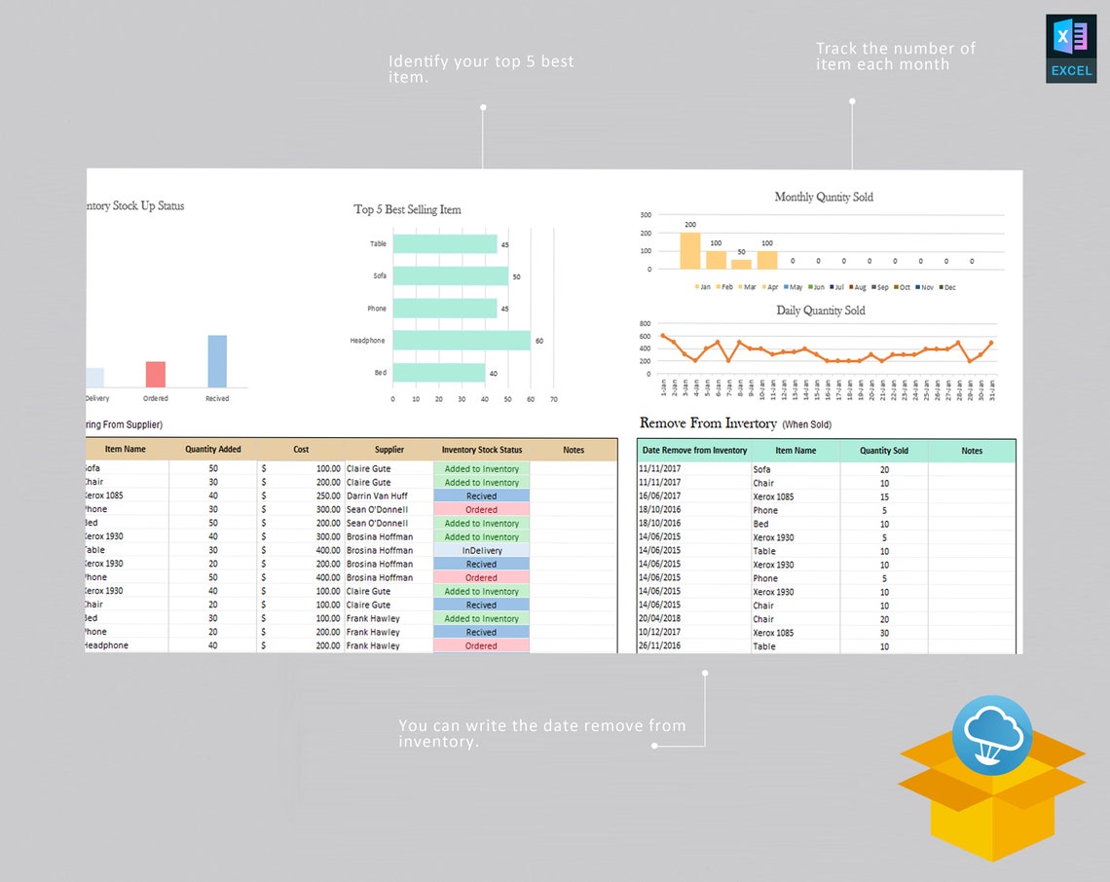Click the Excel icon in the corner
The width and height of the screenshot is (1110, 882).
click(x=1070, y=49)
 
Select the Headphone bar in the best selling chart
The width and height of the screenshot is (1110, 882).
click(x=462, y=340)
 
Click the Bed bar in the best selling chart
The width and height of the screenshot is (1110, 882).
click(x=439, y=373)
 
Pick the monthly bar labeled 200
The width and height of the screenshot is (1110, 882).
click(x=689, y=250)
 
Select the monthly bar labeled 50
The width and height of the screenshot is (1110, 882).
click(x=741, y=264)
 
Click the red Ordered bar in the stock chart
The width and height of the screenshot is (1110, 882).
click(x=156, y=374)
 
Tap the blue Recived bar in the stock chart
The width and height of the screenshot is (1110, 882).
click(x=217, y=361)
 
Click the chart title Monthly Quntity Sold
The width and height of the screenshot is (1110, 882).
click(x=824, y=197)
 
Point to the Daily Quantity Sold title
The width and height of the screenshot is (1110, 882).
click(x=820, y=311)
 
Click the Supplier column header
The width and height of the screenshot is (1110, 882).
click(x=388, y=450)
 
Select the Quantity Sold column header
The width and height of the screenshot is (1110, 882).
click(x=883, y=451)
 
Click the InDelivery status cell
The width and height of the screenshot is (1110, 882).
click(x=481, y=550)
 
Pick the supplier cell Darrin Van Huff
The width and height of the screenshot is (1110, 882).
click(x=377, y=496)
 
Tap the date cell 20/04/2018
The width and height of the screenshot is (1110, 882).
click(x=659, y=619)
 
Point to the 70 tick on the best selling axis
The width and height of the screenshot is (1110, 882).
click(x=554, y=399)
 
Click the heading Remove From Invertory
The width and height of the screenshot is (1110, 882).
click(x=708, y=423)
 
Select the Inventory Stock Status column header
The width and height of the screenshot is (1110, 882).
click(x=481, y=450)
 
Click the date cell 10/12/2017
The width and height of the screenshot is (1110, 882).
click(x=659, y=633)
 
